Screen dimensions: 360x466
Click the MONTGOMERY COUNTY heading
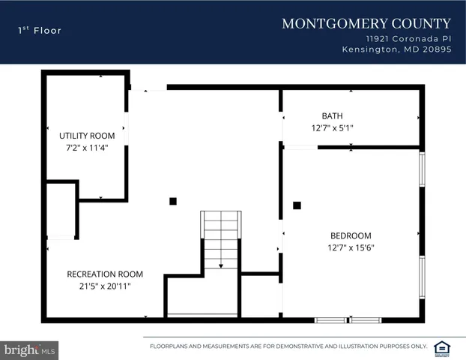pos(366,24)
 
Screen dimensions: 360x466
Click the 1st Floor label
pos(40,31)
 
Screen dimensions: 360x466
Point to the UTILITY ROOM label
pos(87,136)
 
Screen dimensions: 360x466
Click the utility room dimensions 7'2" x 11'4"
pos(87,148)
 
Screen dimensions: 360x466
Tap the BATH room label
pos(332,116)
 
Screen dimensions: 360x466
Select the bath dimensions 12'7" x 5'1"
pos(332,128)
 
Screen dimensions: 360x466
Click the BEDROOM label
pos(349,235)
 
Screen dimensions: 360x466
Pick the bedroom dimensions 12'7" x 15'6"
pos(350,247)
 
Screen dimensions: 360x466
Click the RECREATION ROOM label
pos(105,274)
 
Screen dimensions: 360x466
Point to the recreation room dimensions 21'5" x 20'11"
pos(105,286)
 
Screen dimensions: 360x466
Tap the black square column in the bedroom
pos(297,205)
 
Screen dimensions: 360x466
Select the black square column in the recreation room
pos(173,201)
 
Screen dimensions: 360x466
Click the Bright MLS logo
pos(29,349)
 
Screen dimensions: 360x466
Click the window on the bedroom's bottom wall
pos(348,320)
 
